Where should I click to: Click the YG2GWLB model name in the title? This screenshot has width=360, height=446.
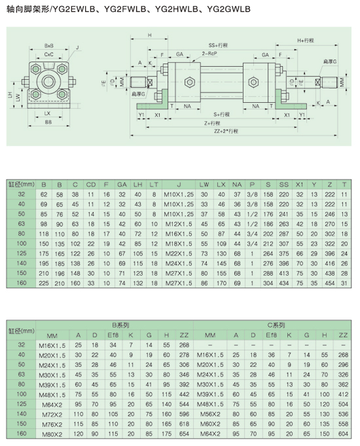pyautogui.click(x=228, y=9)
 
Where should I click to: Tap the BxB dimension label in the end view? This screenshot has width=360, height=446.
pyautogui.click(x=49, y=46)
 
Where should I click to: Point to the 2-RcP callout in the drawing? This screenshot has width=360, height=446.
pyautogui.click(x=209, y=54)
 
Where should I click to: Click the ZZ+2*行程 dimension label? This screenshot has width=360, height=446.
pyautogui.click(x=226, y=131)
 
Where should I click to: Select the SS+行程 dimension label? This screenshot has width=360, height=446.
pyautogui.click(x=218, y=45)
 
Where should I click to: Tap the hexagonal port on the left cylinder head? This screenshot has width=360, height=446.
pyautogui.click(x=189, y=83)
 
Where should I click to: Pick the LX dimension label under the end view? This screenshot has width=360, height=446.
pyautogui.click(x=48, y=113)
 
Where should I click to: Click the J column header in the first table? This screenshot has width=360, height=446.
pyautogui.click(x=179, y=185)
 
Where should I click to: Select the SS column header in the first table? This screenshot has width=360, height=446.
pyautogui.click(x=284, y=185)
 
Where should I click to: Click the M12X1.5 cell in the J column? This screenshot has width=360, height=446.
pyautogui.click(x=179, y=224)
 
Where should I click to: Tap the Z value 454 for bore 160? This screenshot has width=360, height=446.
pyautogui.click(x=330, y=284)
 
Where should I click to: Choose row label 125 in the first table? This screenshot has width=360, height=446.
pyautogui.click(x=22, y=253)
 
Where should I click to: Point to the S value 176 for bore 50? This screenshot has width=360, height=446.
pyautogui.click(x=268, y=214)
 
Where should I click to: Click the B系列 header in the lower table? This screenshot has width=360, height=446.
pyautogui.click(x=120, y=325)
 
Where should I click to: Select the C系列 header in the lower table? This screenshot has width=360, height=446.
pyautogui.click(x=276, y=325)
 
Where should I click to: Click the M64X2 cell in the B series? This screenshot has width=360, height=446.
pyautogui.click(x=52, y=405)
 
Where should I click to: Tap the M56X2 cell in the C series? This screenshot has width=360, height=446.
pyautogui.click(x=210, y=414)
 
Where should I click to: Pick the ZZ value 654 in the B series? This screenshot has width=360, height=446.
pyautogui.click(x=185, y=434)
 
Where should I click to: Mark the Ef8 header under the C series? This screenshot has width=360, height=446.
pyautogui.click(x=271, y=335)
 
